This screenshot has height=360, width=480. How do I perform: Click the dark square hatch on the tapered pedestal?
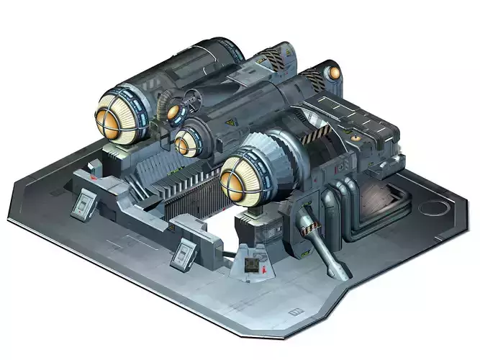coord(250,268)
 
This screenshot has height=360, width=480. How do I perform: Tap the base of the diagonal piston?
coord(338,269)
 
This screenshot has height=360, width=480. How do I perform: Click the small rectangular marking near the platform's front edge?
coord(294,311)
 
